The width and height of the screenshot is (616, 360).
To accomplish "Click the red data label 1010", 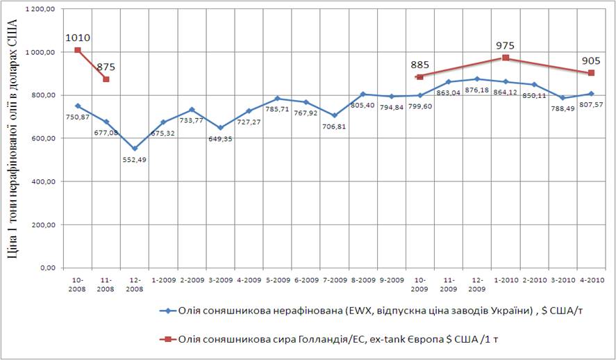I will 78,38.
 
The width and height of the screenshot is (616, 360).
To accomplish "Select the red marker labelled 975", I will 506,58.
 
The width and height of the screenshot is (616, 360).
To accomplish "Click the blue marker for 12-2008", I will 135,148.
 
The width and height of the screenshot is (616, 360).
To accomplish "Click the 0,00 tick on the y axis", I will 46,268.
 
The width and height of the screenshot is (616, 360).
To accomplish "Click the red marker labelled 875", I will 106,79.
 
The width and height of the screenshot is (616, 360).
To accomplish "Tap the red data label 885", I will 419,64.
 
